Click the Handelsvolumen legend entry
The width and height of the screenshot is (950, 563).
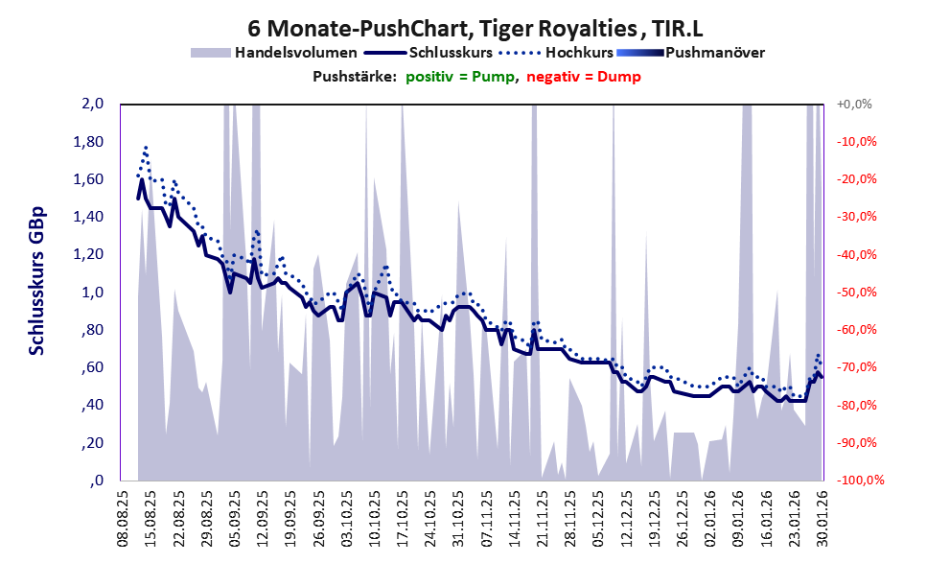point(295,53)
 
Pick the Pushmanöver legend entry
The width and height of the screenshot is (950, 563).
point(713,53)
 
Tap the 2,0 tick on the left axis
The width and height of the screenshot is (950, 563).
point(90,104)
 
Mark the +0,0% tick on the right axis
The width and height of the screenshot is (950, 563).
point(854,104)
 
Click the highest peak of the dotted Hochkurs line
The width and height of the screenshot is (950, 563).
point(146,147)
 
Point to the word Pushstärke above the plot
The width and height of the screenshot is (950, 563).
point(354,77)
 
